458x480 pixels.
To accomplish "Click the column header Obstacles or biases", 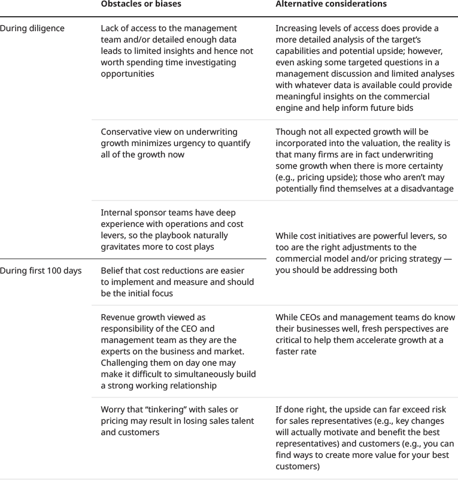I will (141, 4).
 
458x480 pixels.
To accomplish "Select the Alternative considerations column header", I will (330, 4).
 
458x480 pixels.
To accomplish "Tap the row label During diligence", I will (32, 28).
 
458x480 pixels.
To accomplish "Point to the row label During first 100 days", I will (41, 271).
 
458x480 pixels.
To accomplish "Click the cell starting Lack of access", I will (177, 51).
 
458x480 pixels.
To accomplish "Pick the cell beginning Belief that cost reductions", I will (177, 282).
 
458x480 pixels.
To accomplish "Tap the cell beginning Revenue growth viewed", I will (178, 351).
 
